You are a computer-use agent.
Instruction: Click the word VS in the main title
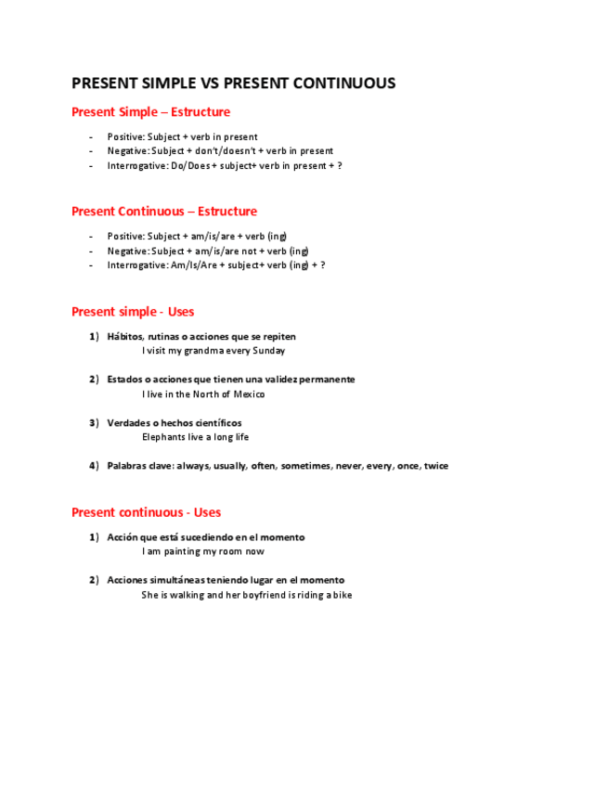tap(210, 84)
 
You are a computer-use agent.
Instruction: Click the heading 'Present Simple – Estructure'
tap(150, 112)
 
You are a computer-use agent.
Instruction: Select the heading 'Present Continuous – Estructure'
tap(163, 212)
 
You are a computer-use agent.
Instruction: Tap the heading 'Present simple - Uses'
tap(133, 312)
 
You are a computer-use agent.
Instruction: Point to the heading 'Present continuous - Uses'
tap(146, 512)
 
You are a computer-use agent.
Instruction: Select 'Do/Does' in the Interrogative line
tap(190, 166)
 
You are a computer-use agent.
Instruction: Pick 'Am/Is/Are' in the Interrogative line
tap(194, 265)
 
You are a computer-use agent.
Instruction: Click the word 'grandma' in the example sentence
tap(203, 351)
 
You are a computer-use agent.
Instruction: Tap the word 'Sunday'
tap(269, 351)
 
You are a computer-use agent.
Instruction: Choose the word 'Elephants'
tap(163, 437)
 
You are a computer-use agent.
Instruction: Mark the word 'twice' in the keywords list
tap(435, 466)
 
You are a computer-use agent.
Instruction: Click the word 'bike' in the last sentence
tap(343, 595)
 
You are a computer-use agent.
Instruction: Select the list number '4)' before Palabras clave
tap(94, 466)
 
